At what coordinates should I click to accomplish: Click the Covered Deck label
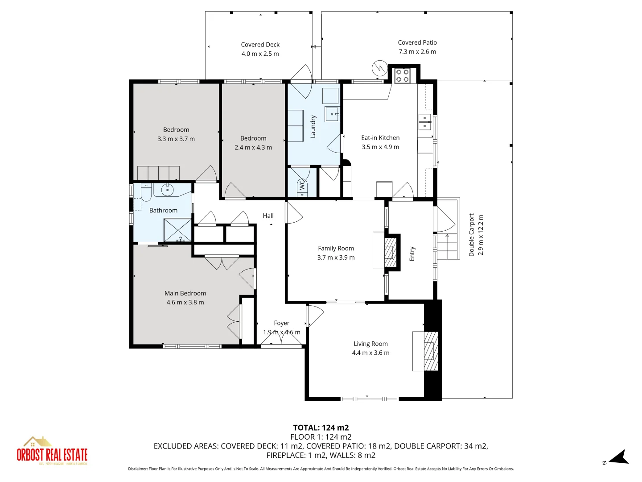[260, 45]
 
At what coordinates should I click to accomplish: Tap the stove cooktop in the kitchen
[402, 75]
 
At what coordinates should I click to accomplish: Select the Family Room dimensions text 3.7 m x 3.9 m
[336, 258]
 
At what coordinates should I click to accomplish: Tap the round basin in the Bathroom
[167, 190]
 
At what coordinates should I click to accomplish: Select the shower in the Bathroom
[177, 230]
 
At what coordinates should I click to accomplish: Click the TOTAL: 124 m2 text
[321, 428]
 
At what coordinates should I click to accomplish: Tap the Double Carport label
[471, 235]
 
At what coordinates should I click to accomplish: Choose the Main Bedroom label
[185, 293]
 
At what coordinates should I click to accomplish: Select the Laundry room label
[313, 127]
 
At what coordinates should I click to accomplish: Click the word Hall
[268, 216]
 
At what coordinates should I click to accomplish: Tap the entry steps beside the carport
[448, 246]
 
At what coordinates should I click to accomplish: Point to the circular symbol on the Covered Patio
[379, 68]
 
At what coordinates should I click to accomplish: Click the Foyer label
[281, 323]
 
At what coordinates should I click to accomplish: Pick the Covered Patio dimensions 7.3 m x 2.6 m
[417, 52]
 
